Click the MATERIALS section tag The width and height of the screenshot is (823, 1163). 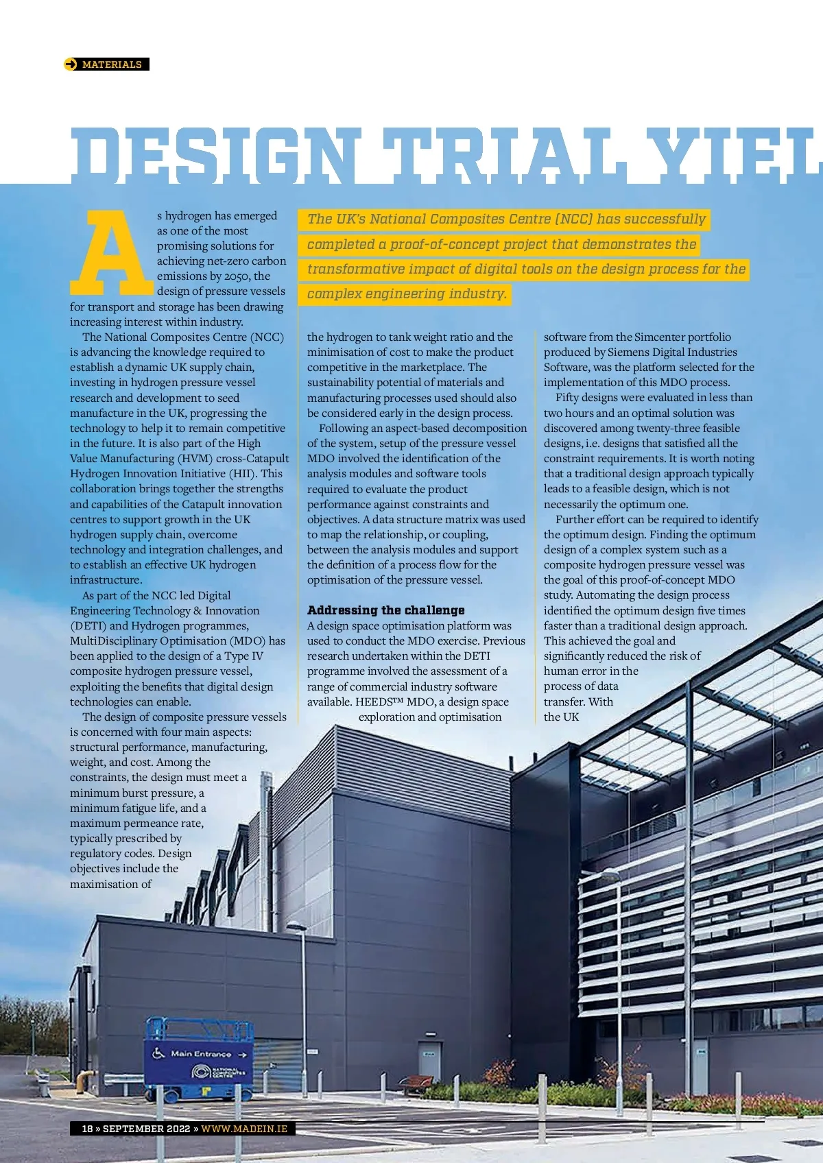[x=112, y=64]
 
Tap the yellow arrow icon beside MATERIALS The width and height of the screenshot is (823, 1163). [x=71, y=64]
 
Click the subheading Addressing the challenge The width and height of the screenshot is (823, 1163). [x=385, y=610]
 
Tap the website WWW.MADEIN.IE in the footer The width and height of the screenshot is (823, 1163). [x=244, y=1129]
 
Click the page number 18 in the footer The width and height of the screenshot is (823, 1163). [x=87, y=1129]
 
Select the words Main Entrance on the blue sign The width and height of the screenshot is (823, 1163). [x=201, y=1054]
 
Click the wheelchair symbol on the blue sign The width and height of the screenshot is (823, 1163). [x=158, y=1053]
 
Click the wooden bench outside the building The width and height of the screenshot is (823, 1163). [x=416, y=1083]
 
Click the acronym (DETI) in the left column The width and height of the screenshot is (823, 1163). [x=88, y=625]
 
